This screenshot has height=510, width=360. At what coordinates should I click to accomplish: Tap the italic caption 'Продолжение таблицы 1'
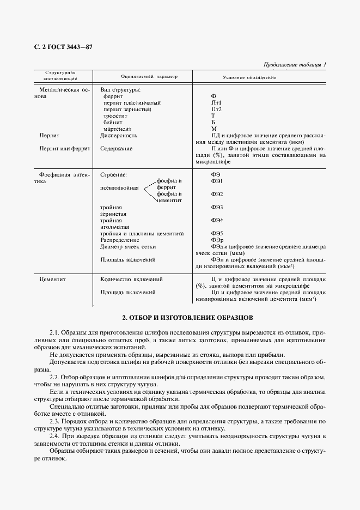point(295,65)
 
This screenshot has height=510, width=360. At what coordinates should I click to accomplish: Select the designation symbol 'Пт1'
point(216,102)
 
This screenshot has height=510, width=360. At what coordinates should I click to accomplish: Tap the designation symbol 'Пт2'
point(216,109)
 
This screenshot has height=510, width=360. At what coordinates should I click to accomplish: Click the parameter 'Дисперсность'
point(119,135)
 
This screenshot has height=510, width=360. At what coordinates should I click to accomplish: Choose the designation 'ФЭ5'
point(217,233)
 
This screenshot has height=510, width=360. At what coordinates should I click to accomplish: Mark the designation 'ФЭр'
point(217,240)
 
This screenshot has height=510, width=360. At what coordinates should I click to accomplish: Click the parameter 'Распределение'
point(120,240)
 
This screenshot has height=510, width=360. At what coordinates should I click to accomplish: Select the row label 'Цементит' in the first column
point(52,279)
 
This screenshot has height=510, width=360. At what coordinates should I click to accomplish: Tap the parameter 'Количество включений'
point(132,279)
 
